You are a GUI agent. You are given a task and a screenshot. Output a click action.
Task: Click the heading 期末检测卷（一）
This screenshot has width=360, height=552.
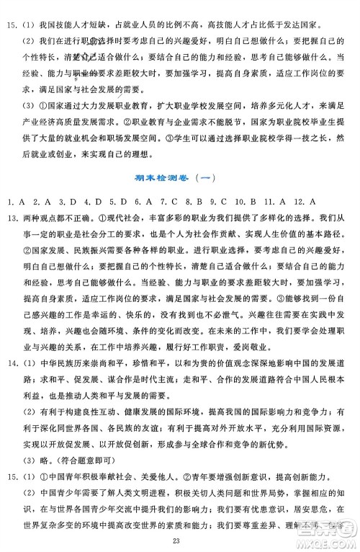179,180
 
